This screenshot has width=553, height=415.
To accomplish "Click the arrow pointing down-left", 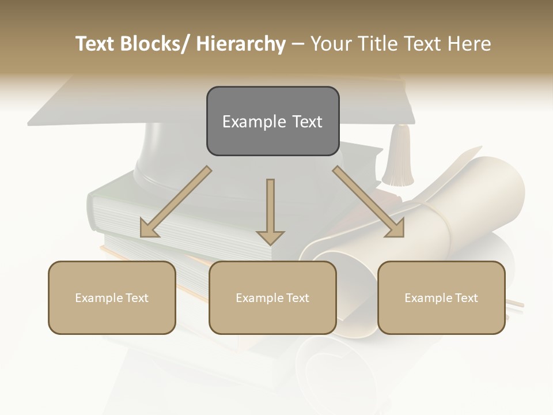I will pos(176,202).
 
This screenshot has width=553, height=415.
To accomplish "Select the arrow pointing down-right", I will pos(369,202).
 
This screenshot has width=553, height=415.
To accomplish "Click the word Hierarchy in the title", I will pos(240,44).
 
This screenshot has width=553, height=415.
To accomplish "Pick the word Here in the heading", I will pos(469,44).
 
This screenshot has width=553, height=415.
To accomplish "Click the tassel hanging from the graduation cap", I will pos(397,159).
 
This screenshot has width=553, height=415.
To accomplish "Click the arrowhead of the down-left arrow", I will pos(149,228).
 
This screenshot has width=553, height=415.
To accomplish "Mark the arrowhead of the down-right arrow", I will pos(395,228).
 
